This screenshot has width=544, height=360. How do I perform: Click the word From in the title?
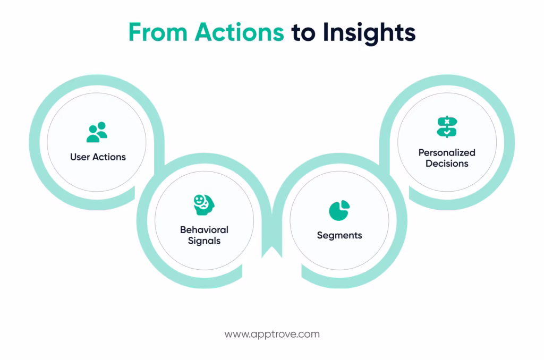coord(158,32)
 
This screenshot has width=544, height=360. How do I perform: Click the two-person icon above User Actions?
coord(97,132)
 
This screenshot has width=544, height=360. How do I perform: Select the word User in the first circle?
coord(80,157)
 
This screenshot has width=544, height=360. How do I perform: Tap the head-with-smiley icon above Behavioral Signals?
coord(204,205)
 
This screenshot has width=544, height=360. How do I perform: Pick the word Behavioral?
coord(204,230)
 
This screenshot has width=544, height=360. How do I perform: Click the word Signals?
coord(204,241)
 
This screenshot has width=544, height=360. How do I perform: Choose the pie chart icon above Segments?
coord(339,210)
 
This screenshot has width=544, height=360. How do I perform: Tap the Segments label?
coord(339,235)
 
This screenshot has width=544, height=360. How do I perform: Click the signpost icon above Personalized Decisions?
coord(447,127)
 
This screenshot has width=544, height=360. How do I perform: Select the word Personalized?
coord(447,152)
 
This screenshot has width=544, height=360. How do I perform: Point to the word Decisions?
coord(447,164)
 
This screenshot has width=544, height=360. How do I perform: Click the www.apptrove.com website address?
coord(272,335)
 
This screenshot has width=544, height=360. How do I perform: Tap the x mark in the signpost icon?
coord(447,122)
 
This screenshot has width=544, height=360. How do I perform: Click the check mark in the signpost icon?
coord(447,133)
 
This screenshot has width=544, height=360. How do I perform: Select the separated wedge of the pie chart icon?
coord(344,204)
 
